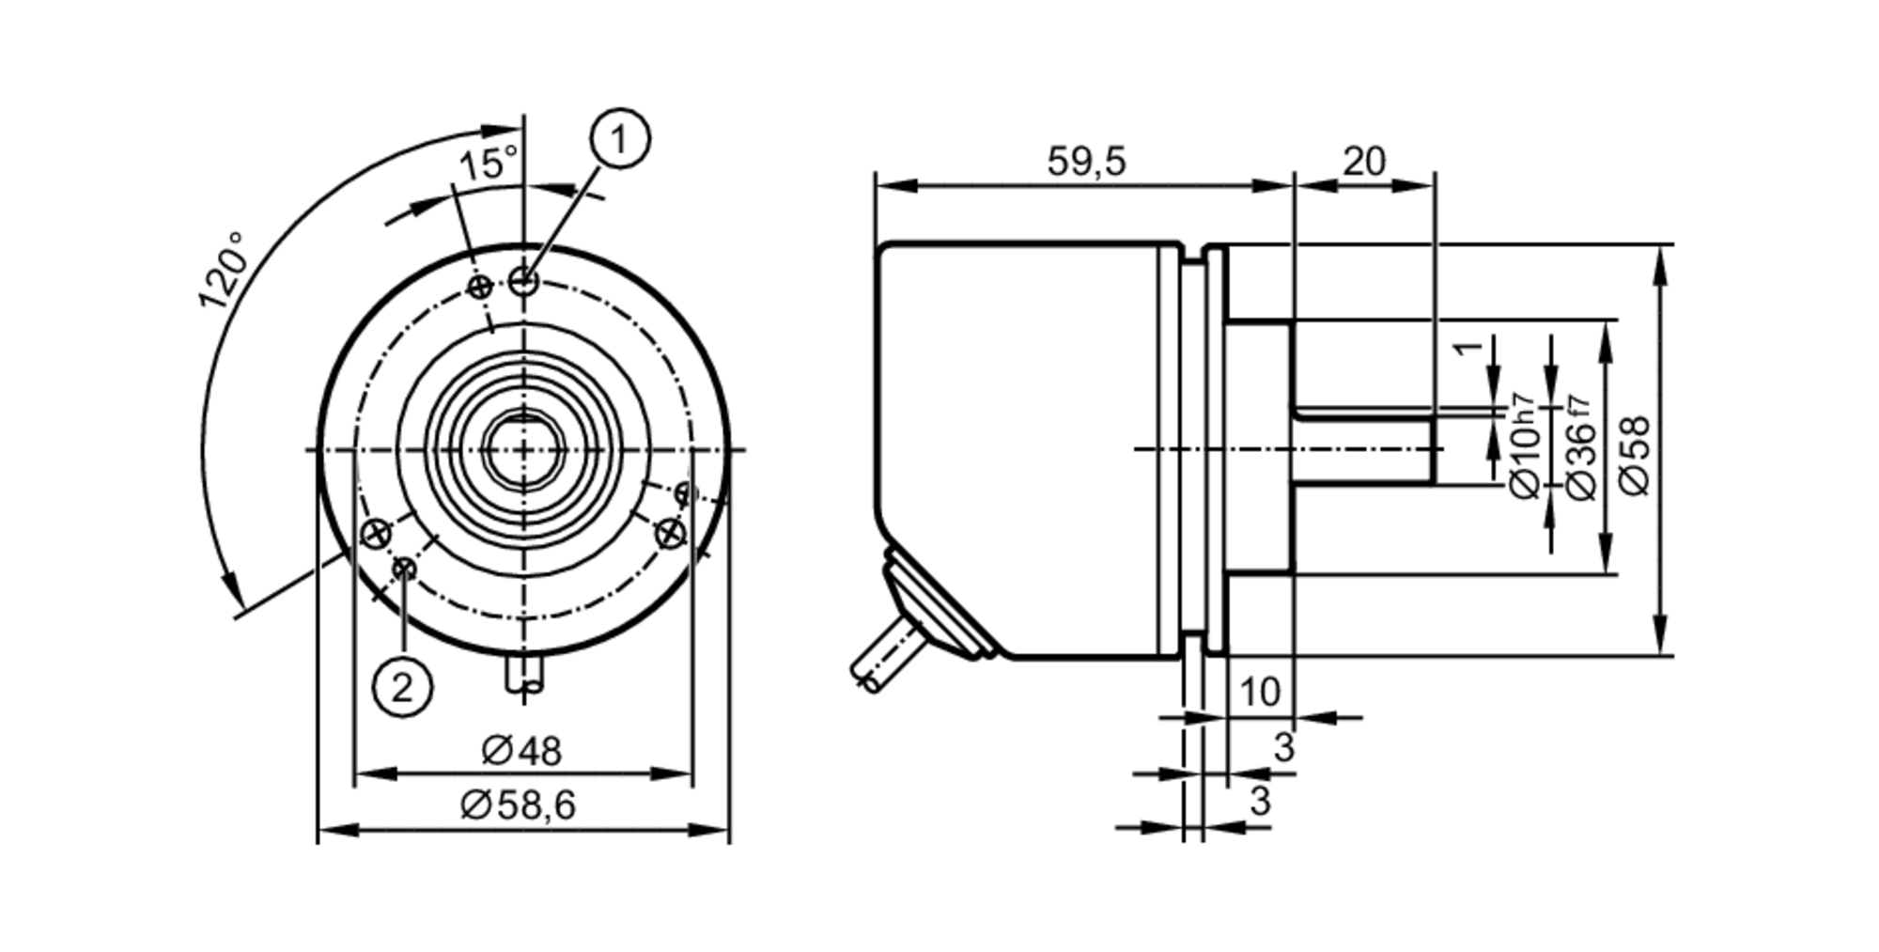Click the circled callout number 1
pos(619,139)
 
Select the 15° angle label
pos(487,164)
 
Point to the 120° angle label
pos(224,271)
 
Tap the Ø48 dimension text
pos(521,751)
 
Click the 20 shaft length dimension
pos(1363,162)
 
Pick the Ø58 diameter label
pos(1636,455)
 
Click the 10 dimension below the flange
pos(1259,693)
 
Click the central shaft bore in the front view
pos(523,450)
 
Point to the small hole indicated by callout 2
pos(405,568)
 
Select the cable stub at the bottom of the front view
pos(524,676)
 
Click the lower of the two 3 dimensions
pos(1260,802)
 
